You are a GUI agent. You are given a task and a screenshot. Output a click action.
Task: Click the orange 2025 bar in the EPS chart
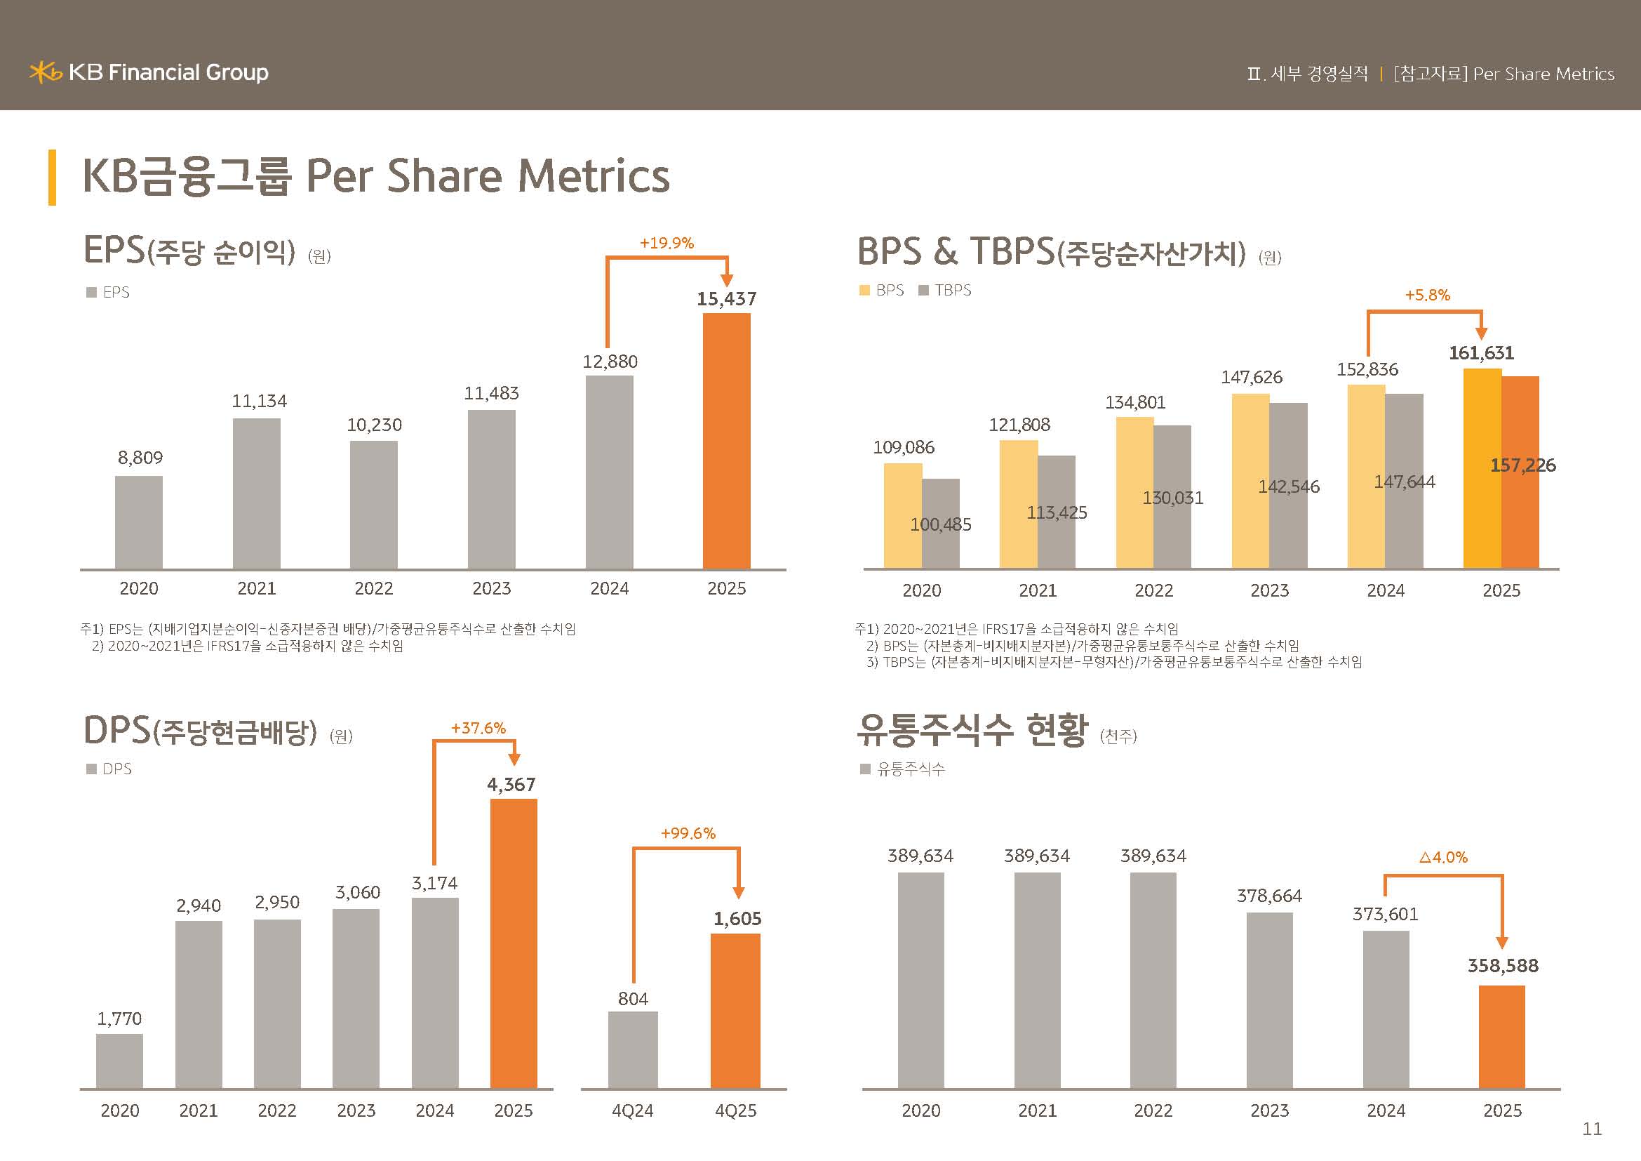point(726,441)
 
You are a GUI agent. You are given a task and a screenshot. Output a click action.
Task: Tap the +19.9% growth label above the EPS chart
point(666,243)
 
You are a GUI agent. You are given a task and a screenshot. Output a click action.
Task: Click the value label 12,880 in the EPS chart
point(610,361)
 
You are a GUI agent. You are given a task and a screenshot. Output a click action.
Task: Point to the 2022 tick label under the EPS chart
point(374,588)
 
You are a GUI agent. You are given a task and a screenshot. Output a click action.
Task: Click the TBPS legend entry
point(945,291)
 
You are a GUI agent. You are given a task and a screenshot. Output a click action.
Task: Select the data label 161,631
point(1481,353)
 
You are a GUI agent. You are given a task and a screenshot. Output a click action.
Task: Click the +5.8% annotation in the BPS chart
point(1427,296)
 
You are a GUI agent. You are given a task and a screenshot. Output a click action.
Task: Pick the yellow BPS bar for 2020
point(903,516)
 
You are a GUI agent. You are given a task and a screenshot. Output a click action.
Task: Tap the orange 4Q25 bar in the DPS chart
point(735,1011)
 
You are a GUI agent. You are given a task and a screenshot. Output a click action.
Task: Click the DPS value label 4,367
point(511,785)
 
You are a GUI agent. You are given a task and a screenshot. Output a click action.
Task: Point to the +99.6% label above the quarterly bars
point(688,834)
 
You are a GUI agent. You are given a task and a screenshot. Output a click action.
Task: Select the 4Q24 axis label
point(633,1111)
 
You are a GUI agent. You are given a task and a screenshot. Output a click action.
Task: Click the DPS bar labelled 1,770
point(119,1061)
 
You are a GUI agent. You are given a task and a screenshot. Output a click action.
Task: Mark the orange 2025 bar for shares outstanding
point(1501,1037)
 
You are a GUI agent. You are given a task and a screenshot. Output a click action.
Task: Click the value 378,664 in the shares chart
point(1269,896)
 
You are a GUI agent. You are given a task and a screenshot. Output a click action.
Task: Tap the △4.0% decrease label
point(1443,857)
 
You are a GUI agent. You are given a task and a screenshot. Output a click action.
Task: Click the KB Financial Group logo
point(149,72)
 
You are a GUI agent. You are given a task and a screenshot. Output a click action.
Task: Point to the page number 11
point(1593,1129)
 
